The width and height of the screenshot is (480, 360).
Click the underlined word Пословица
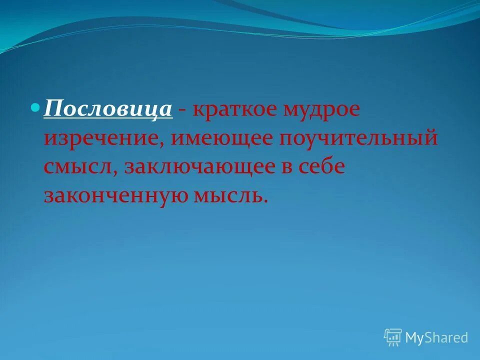tap(108, 108)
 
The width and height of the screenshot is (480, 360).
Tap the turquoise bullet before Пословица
tap(35, 107)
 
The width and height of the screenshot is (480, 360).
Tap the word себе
tap(322, 167)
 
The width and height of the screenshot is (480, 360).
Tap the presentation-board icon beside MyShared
tap(393, 337)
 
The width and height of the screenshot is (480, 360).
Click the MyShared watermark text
tap(436, 338)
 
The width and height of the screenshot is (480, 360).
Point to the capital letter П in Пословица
tap(51, 108)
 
